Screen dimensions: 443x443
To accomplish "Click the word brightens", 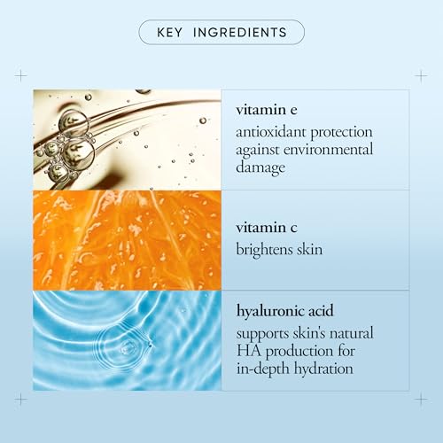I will [x=268, y=250].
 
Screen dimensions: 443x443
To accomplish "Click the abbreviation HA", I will [x=247, y=350].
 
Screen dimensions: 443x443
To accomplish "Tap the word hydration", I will [x=328, y=367].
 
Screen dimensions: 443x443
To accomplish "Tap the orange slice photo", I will [x=127, y=240].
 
